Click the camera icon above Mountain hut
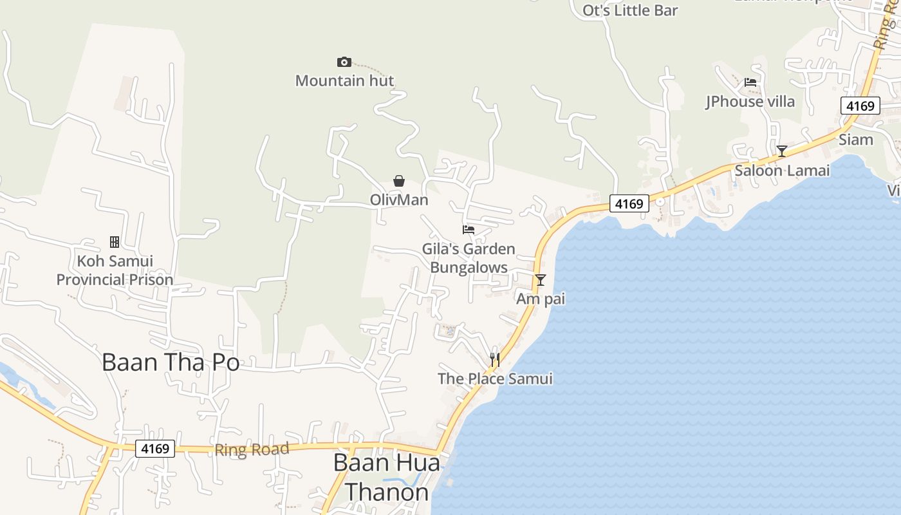(x=344, y=62)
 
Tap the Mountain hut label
(x=344, y=80)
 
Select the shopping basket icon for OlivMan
(x=399, y=181)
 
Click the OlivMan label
(x=399, y=200)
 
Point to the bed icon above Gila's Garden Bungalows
(x=469, y=229)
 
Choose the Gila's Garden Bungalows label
(x=469, y=258)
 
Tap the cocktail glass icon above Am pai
(x=541, y=280)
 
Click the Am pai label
(x=541, y=299)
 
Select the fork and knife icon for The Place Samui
(x=495, y=359)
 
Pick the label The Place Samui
(x=495, y=379)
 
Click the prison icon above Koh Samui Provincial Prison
(x=115, y=242)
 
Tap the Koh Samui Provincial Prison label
(x=115, y=270)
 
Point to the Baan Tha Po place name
(x=171, y=362)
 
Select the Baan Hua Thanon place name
(x=387, y=478)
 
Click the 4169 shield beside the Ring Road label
(x=155, y=448)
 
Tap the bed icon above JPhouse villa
(x=750, y=82)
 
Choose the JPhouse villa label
(x=750, y=102)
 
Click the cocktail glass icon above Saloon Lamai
(x=782, y=151)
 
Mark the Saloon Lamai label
(x=782, y=171)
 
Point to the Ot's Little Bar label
(x=630, y=10)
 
